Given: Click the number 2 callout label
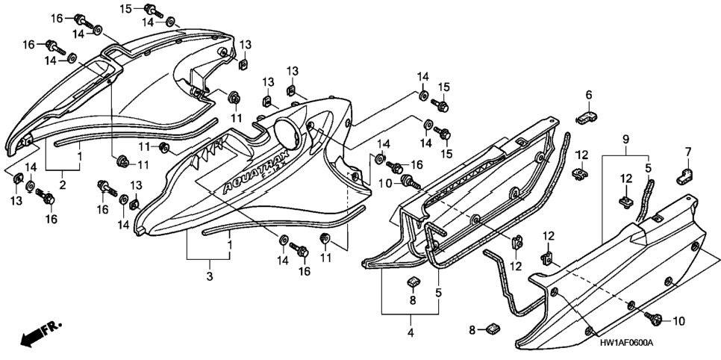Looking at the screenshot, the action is coord(63,185).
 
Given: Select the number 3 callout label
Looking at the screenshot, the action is coord(210,276).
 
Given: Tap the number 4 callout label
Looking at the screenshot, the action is coord(411,332).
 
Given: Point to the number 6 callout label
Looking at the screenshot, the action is coord(589,95).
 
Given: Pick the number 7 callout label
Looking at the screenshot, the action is coord(688,152).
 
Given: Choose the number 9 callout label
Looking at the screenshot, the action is coord(625,139).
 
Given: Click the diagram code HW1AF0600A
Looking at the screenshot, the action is coord(626,343).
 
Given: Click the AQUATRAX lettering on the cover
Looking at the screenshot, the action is coord(254,176).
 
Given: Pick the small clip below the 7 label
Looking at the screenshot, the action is coord(684,176).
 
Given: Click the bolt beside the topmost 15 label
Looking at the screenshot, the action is coord(154,10).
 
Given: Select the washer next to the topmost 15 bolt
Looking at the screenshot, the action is coord(170,21).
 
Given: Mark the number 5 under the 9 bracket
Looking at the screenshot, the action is coord(647,169).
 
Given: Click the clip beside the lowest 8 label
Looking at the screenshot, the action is coord(492,329).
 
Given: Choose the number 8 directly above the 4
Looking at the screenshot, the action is coord(413,300).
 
